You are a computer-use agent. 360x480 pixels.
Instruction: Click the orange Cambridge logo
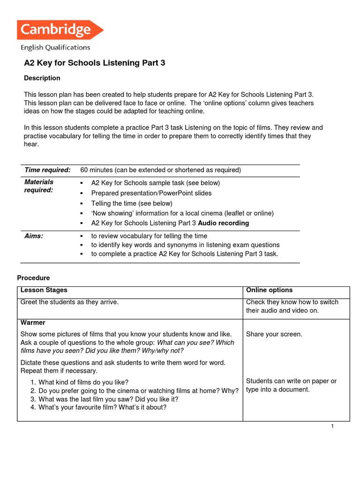60,30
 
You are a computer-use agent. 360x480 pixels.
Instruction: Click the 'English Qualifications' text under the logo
55,47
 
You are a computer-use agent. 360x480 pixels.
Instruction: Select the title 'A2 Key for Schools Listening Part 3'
95,63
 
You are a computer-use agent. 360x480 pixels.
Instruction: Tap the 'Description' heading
42,78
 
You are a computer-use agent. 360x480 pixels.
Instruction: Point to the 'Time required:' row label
47,170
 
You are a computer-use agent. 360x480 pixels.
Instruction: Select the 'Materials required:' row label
39,186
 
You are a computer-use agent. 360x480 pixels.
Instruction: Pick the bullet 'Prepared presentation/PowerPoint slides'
151,193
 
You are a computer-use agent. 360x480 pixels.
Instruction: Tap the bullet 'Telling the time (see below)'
132,203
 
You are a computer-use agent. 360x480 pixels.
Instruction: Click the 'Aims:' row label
34,236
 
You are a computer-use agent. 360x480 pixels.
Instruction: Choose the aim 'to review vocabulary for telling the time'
149,236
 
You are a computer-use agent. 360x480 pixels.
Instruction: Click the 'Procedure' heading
33,278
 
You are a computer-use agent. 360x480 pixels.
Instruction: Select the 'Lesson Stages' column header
44,290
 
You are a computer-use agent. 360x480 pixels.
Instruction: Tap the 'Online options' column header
269,290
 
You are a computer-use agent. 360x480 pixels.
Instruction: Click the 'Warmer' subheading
33,322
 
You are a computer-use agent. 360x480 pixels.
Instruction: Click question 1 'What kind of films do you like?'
83,382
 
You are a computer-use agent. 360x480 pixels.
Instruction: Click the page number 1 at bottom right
332,426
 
